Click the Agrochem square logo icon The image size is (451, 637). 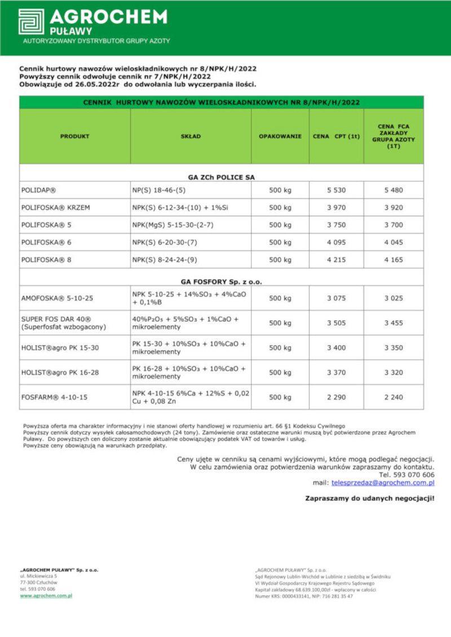[31, 21]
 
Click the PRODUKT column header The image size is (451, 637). [75, 136]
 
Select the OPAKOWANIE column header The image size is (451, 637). [280, 136]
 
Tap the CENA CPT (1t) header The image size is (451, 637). [336, 136]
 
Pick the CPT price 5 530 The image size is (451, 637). [336, 190]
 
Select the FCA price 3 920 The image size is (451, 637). [393, 208]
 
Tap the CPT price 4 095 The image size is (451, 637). [336, 242]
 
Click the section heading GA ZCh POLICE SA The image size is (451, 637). [221, 177]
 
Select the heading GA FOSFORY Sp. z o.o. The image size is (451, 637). [221, 281]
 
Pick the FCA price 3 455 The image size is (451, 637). [393, 323]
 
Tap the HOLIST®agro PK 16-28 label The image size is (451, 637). [60, 372]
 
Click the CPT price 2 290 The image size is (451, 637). [336, 397]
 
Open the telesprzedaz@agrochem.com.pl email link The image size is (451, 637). [383, 483]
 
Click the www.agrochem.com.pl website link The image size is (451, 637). [46, 595]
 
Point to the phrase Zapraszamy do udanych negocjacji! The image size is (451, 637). [370, 498]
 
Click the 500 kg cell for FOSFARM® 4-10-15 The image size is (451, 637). [280, 397]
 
